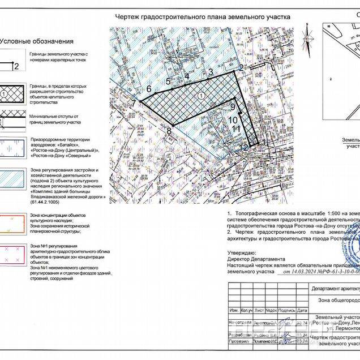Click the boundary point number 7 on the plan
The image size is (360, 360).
pos(134,102)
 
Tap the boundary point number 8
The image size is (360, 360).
pos(169,131)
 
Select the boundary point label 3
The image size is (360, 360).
pos(211,72)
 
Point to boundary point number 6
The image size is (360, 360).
pos(149,89)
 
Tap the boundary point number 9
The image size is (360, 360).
pos(233,106)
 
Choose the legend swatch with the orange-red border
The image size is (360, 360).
pos(13,224)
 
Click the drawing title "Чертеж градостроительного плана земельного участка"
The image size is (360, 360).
pos(203,18)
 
